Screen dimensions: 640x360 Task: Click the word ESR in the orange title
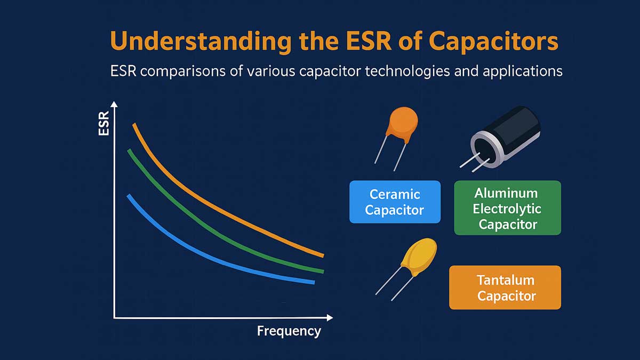[x=369, y=41]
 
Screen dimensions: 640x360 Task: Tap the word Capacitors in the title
[x=493, y=42]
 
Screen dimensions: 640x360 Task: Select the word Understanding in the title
[x=201, y=42]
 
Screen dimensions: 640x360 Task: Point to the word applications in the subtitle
[x=523, y=71]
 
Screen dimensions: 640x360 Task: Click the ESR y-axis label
[x=103, y=123]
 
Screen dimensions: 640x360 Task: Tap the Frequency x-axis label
[x=289, y=331]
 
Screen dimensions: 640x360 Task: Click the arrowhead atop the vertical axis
[x=114, y=105]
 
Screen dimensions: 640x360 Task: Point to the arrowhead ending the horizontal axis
[x=330, y=317]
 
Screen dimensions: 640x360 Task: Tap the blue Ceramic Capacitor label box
[x=395, y=202]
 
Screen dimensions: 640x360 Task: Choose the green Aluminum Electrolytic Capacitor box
[x=507, y=207]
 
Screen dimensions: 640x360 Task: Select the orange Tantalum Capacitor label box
[x=505, y=287]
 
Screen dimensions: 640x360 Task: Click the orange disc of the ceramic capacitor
[x=402, y=123]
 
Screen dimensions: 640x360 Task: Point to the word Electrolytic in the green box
[x=507, y=209]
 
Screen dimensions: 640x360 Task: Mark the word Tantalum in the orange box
[x=506, y=280]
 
